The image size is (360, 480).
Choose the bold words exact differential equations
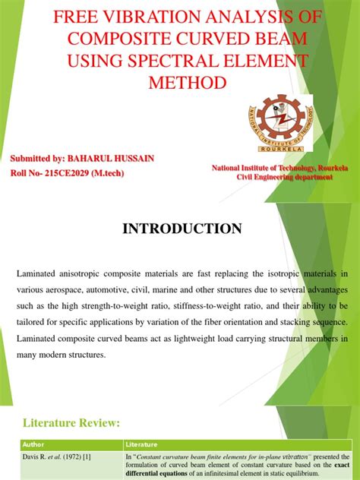tap(219, 471)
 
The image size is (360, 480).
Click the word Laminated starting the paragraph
tap(37, 273)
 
